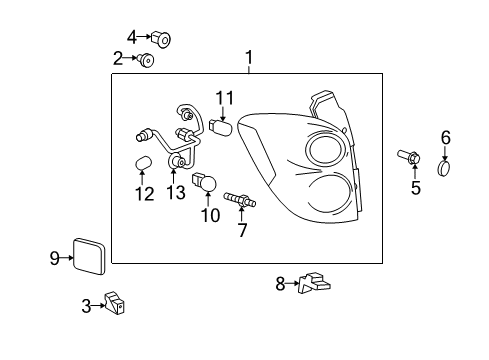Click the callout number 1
[x=249, y=58]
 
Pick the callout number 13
[x=176, y=191]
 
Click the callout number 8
[x=281, y=284]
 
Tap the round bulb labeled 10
[x=209, y=184]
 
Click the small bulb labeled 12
[x=143, y=163]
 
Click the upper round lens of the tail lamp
[x=325, y=150]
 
